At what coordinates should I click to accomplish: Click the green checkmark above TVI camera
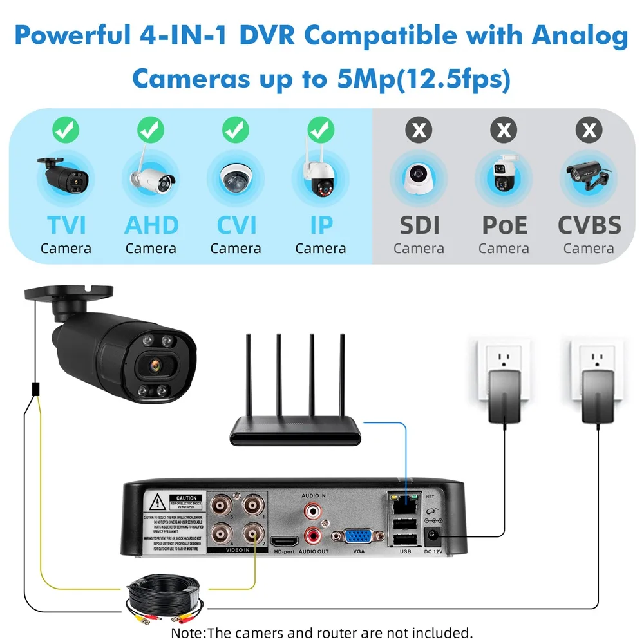[x=66, y=131]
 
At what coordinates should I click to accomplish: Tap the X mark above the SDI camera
[x=419, y=131]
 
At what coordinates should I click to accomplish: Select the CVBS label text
[x=589, y=225]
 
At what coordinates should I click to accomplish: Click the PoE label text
[x=504, y=225]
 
